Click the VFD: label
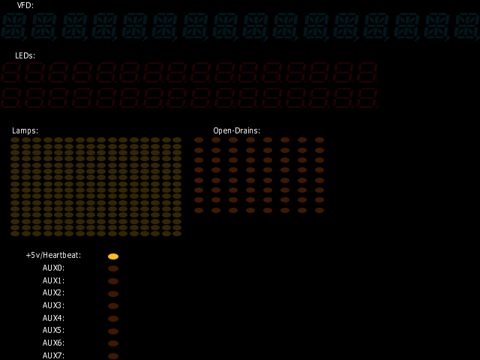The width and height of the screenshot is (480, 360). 25,5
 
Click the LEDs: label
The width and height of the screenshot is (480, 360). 25,55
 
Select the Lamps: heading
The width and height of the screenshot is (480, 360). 25,130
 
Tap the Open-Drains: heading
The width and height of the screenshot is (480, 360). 237,130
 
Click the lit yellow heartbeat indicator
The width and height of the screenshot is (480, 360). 113,256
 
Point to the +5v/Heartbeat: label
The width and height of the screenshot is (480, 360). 53,255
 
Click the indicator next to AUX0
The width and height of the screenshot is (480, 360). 113,268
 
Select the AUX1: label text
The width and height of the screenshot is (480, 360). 53,280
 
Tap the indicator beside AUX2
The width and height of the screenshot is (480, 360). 113,294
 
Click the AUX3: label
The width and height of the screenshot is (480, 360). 53,305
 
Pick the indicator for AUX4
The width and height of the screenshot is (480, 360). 113,319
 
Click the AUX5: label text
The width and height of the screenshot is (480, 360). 53,330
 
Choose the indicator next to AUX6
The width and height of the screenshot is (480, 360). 113,343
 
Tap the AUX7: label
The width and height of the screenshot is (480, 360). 53,355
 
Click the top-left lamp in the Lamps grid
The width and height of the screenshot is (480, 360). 15,140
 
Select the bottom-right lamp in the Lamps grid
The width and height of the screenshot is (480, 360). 177,233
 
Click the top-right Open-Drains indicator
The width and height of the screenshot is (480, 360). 319,140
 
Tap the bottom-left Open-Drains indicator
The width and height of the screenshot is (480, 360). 199,210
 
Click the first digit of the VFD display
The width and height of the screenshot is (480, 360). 13,26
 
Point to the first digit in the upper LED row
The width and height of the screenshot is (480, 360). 12,73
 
